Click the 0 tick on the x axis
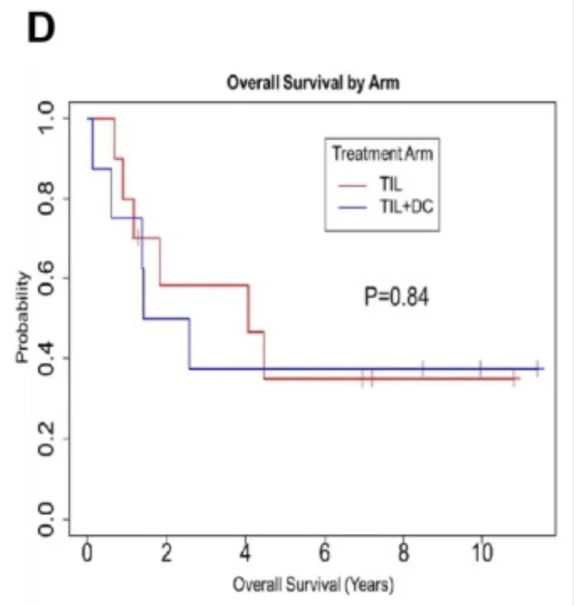pyautogui.click(x=88, y=554)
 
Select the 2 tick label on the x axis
pyautogui.click(x=167, y=554)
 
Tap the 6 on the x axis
pyautogui.click(x=324, y=554)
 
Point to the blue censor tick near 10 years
pyautogui.click(x=480, y=368)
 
